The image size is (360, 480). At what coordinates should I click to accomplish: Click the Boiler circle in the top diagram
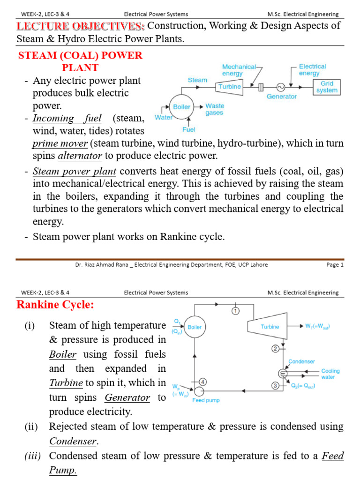[182, 107]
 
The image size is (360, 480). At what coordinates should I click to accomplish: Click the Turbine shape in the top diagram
[230, 87]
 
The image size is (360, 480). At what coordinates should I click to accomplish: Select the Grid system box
[327, 87]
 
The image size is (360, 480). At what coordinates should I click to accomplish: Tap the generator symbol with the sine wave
[281, 87]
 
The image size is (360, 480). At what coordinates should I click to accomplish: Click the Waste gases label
[215, 109]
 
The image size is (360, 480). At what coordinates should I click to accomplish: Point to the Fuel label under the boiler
[190, 129]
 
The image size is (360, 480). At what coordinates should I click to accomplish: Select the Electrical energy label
[312, 70]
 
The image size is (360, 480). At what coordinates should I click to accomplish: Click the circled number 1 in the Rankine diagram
[235, 310]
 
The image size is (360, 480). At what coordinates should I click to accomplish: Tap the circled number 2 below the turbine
[276, 348]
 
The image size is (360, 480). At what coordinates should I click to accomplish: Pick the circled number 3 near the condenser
[276, 385]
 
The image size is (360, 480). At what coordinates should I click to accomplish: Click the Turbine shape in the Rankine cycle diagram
[270, 327]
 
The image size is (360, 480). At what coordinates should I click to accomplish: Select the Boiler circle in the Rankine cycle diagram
[195, 327]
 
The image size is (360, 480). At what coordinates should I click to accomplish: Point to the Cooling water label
[330, 374]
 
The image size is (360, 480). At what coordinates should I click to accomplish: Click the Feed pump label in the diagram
[206, 400]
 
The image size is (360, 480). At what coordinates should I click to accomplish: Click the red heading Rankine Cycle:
[55, 305]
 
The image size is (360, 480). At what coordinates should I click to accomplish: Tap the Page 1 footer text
[335, 265]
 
